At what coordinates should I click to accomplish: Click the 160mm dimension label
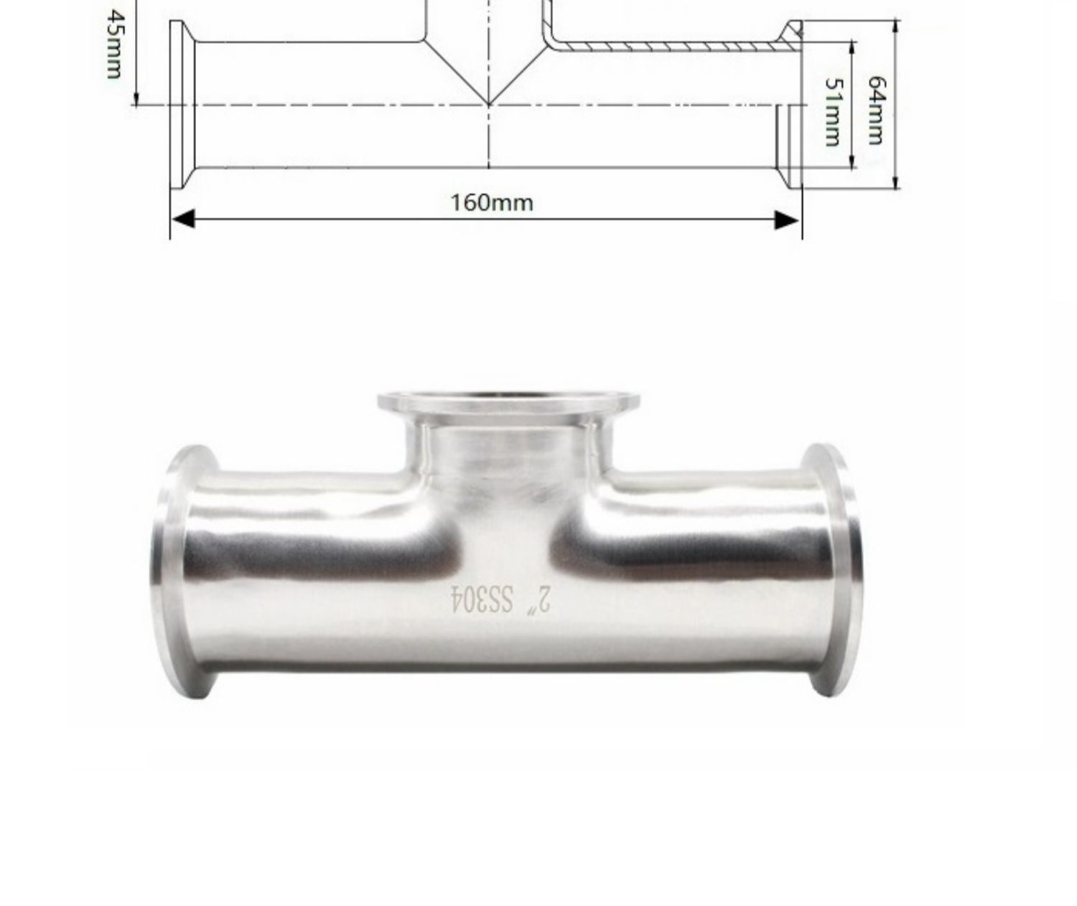(x=492, y=202)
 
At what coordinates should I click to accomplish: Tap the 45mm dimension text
(x=114, y=45)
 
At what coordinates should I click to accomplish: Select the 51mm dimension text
(x=834, y=112)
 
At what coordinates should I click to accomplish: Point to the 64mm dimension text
(x=876, y=111)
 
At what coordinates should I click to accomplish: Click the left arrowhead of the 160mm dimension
(x=182, y=220)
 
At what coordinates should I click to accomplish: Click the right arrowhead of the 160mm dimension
(x=787, y=220)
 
